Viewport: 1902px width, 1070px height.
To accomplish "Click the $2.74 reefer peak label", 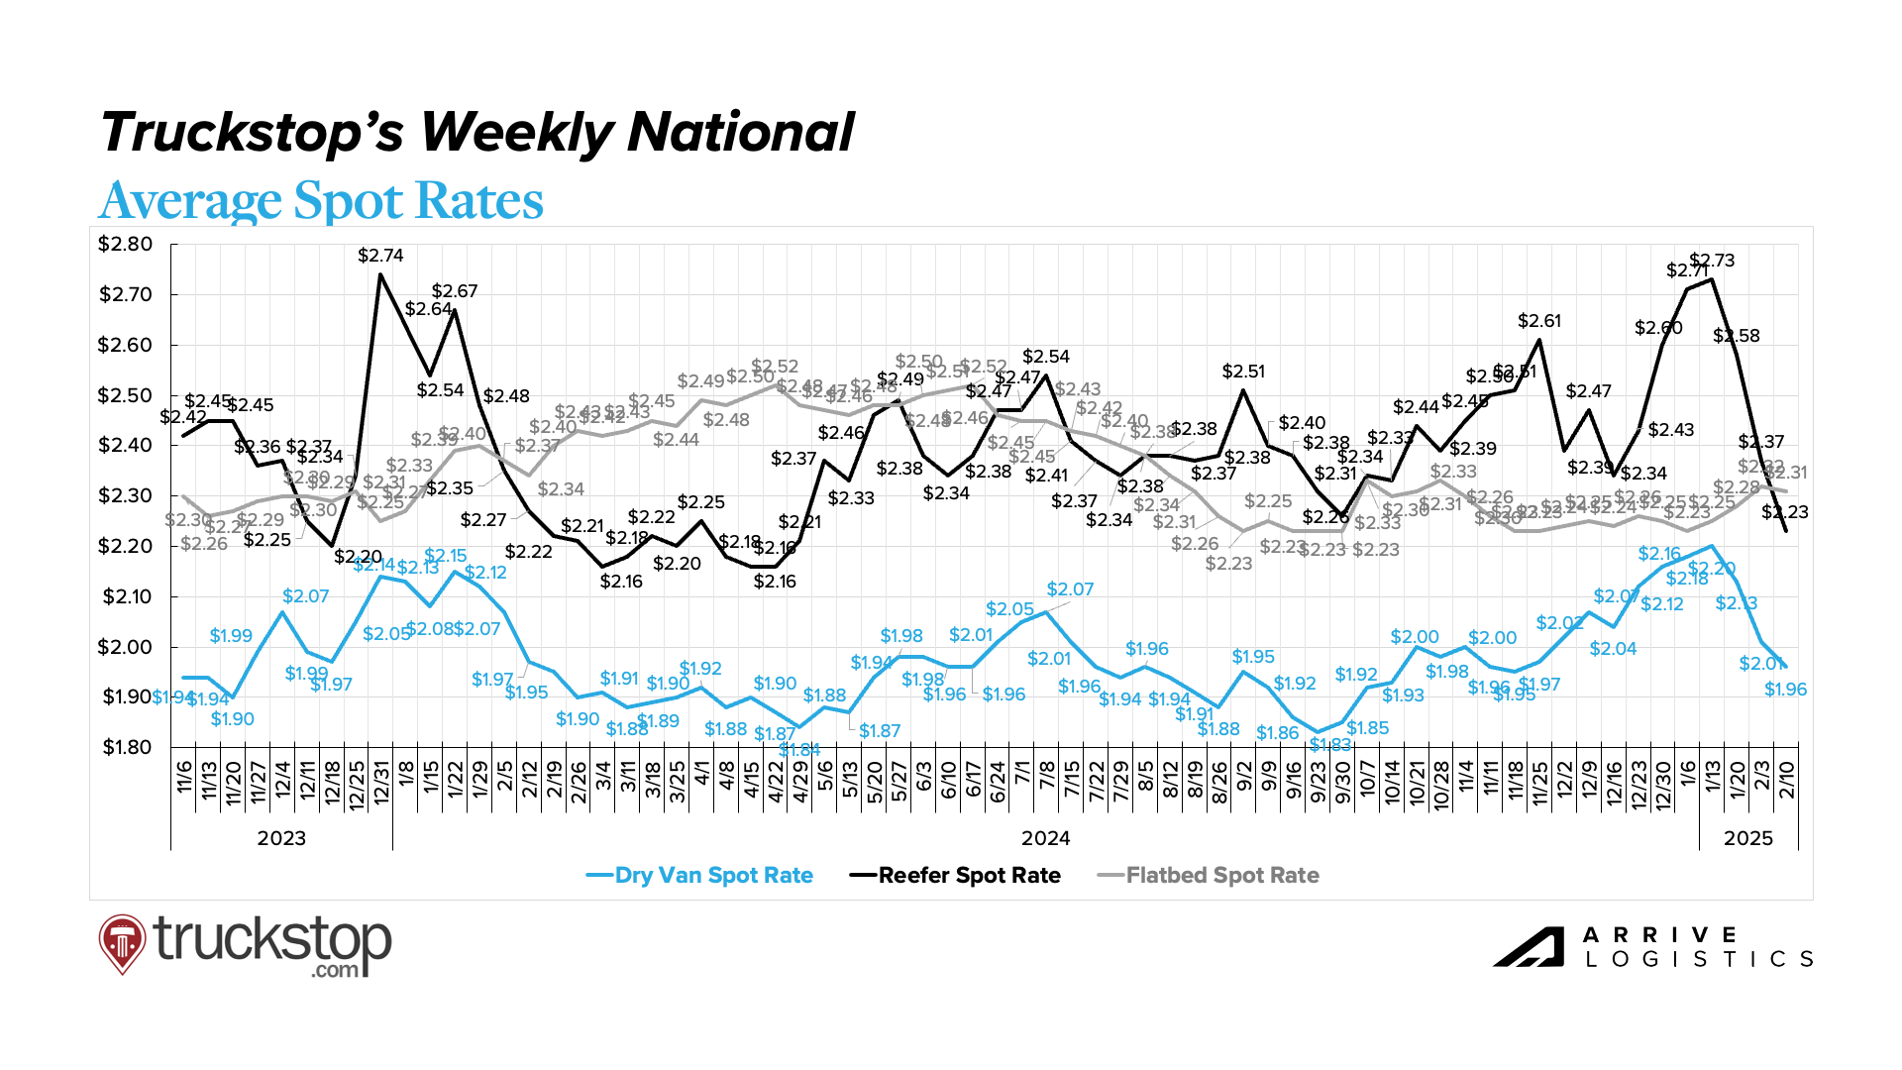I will (380, 256).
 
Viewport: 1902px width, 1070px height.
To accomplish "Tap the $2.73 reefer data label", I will (1713, 261).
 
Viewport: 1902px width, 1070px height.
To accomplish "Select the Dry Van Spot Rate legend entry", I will (700, 876).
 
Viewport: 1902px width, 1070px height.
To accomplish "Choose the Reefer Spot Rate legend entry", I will (956, 876).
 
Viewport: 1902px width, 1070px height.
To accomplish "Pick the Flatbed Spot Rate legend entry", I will (1210, 876).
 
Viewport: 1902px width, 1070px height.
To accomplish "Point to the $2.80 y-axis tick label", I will (125, 245).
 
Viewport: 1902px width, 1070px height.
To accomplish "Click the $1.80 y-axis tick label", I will (127, 747).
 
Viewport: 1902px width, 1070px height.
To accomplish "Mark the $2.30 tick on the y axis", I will (125, 495).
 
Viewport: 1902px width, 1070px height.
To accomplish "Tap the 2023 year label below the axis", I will (281, 838).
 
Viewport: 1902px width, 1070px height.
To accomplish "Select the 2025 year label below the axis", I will (1748, 838).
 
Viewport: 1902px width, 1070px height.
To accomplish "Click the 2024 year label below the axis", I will (1046, 838).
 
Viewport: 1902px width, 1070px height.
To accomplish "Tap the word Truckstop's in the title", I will (253, 133).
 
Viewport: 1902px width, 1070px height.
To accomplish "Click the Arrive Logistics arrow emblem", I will (1529, 947).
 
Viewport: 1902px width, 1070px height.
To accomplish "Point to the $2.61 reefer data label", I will (1539, 321).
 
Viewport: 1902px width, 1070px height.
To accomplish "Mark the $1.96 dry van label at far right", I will (1786, 690).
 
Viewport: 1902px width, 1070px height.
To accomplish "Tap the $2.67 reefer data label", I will (455, 291).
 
